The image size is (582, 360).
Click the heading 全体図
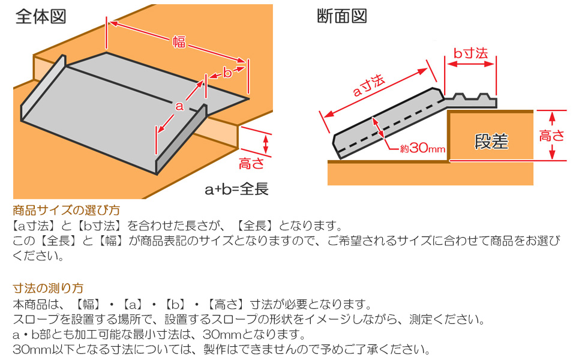pos(41,16)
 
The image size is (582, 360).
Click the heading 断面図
pos(341,16)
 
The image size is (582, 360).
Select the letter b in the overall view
pos(227,73)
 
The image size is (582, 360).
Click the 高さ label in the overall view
pos(251,163)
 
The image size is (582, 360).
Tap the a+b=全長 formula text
pos(236,190)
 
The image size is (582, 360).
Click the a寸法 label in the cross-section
pos(368,88)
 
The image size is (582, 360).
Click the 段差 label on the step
pos(491,141)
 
